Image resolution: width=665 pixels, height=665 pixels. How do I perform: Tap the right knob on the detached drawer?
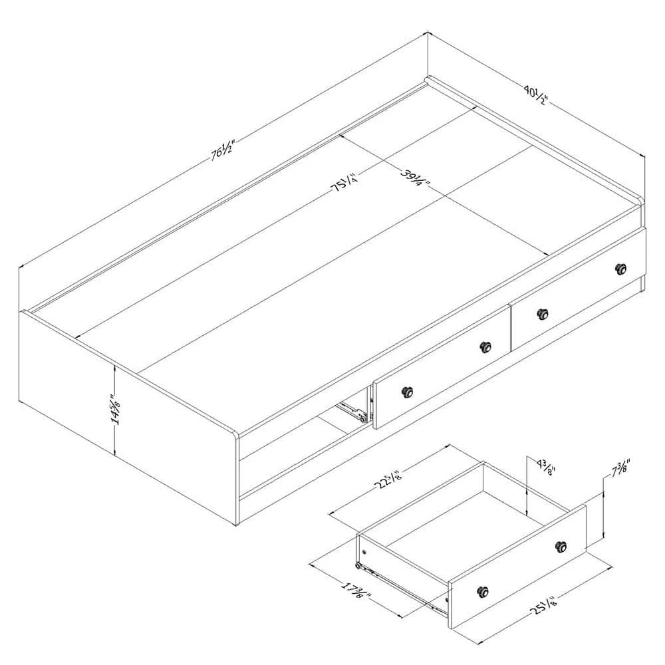tap(562, 546)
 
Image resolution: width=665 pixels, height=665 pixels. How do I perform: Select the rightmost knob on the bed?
tap(621, 269)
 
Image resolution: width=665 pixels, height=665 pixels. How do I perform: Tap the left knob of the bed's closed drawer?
tap(542, 313)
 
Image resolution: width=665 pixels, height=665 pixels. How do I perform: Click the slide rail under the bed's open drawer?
tap(352, 411)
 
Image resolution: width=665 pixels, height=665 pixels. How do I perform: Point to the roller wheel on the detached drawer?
tap(359, 567)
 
